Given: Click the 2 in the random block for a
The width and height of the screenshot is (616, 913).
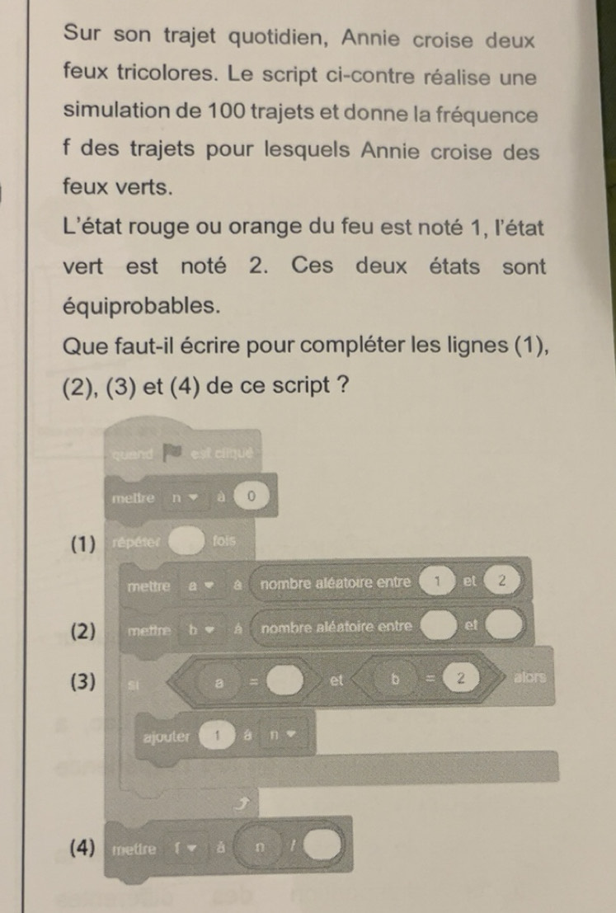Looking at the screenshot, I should (x=504, y=586).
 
